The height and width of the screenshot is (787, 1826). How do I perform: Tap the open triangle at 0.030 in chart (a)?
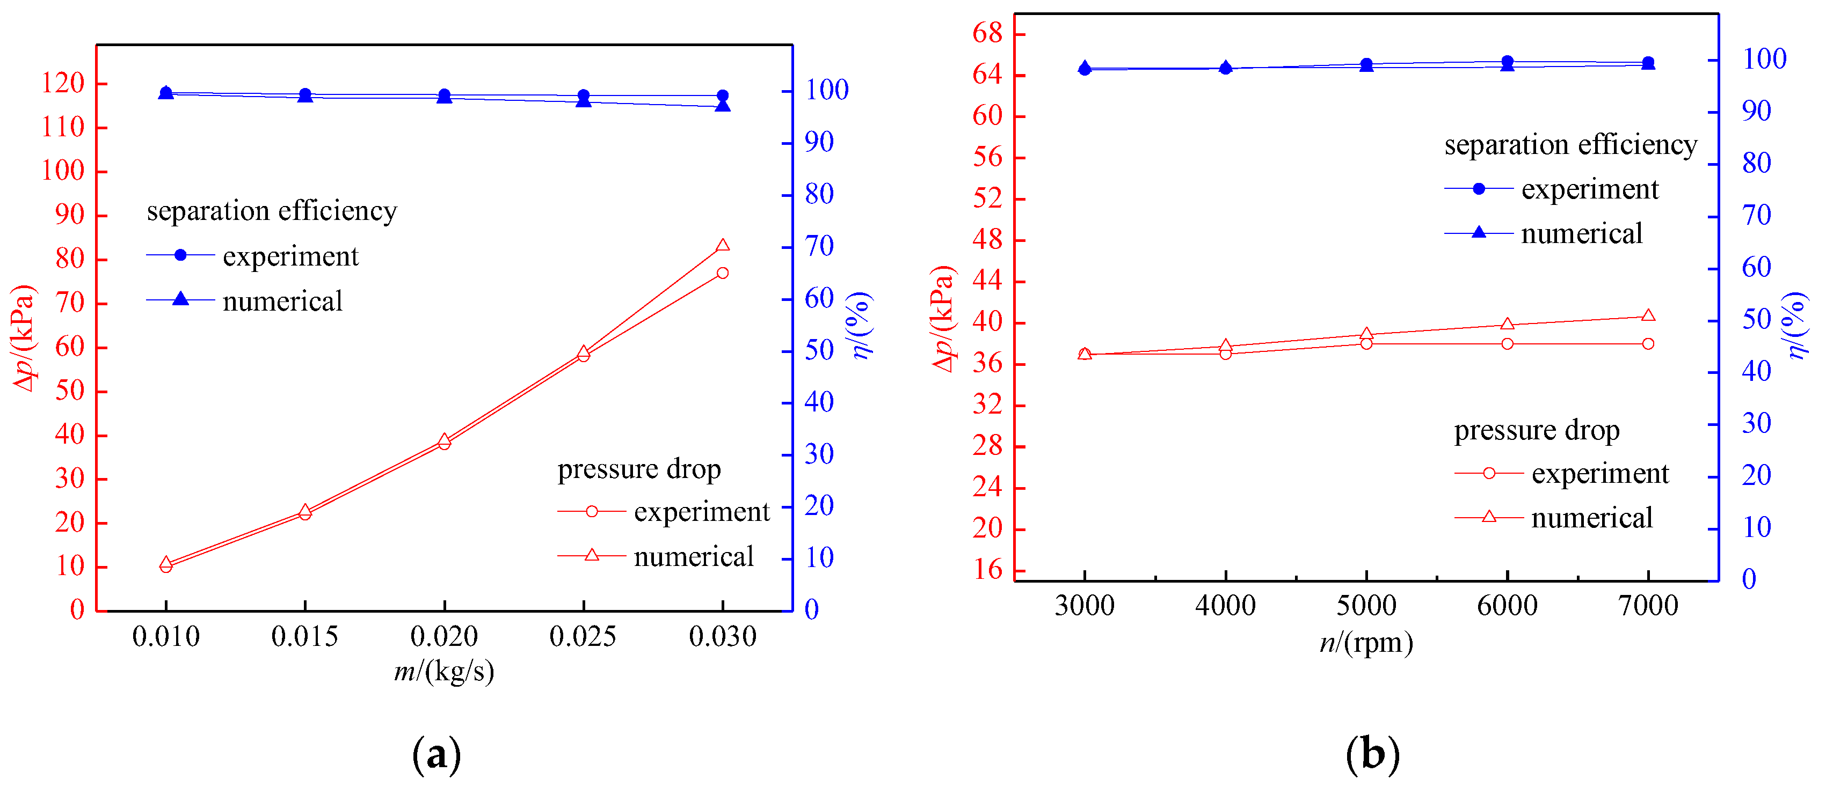722,246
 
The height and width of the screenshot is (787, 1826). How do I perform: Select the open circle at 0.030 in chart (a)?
722,273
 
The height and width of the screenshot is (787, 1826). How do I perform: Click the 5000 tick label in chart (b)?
1366,606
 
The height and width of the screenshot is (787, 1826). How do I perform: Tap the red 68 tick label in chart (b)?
987,33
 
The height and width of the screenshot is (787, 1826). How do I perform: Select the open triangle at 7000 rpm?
1648,315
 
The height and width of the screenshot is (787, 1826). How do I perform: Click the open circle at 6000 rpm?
1507,343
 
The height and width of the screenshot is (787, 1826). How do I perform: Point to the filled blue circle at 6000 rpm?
1507,62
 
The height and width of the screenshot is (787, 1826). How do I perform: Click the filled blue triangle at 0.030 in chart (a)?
722,106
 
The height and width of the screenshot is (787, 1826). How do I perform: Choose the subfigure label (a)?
436,754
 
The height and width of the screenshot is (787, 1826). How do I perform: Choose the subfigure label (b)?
1372,754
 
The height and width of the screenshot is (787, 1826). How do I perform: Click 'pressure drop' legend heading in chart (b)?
1536,430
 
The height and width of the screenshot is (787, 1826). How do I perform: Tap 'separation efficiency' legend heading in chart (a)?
272,210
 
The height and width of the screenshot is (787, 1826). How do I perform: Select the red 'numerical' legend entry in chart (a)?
693,556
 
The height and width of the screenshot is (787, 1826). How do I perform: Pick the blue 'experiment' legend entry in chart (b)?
1589,189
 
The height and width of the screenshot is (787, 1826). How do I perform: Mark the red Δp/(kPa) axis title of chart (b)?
943,319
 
